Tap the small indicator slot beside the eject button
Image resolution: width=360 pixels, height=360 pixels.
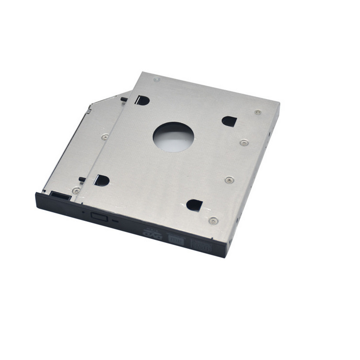(x=115, y=221)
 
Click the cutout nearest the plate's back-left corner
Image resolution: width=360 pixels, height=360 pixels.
(x=142, y=100)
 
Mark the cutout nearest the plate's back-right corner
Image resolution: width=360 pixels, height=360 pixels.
(x=229, y=121)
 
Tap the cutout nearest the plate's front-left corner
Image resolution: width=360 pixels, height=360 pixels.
(x=102, y=180)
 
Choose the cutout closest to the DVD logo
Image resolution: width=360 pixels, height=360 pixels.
(x=194, y=205)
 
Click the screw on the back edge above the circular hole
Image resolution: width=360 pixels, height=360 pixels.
(x=157, y=79)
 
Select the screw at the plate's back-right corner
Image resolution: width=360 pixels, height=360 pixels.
(x=258, y=112)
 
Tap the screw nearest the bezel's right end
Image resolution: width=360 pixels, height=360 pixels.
(x=213, y=221)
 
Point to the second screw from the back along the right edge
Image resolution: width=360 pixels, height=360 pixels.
(x=244, y=142)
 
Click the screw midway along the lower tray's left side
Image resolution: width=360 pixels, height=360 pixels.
(x=105, y=137)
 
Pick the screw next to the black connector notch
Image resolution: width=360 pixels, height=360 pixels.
(x=76, y=191)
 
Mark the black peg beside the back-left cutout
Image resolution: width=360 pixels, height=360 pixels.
(x=124, y=100)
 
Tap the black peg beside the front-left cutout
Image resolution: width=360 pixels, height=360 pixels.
(x=82, y=180)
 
